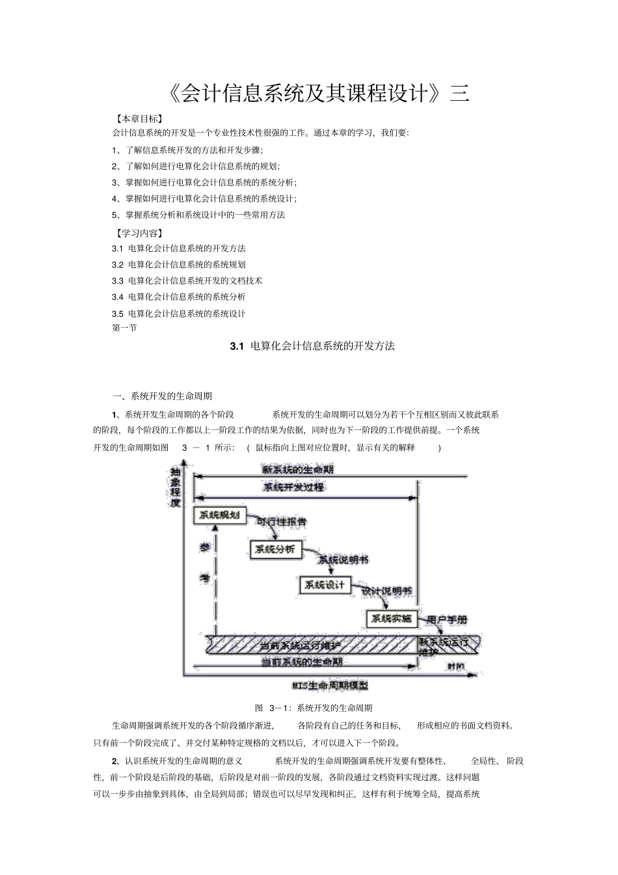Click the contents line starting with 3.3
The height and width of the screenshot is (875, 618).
[187, 280]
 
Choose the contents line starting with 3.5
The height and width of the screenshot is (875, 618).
[178, 313]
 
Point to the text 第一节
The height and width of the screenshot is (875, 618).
[124, 328]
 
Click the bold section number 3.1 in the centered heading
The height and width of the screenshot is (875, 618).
[236, 346]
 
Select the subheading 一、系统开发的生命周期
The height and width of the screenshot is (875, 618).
[162, 396]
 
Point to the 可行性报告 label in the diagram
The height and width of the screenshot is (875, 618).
[281, 522]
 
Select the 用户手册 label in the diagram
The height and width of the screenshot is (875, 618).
[447, 620]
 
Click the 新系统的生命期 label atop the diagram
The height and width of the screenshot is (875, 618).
[297, 469]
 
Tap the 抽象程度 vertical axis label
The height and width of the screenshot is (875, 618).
[174, 487]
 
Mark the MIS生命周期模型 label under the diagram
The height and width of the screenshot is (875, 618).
[330, 685]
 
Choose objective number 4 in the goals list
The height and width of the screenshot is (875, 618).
[204, 198]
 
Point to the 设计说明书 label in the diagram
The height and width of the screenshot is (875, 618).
[386, 591]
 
